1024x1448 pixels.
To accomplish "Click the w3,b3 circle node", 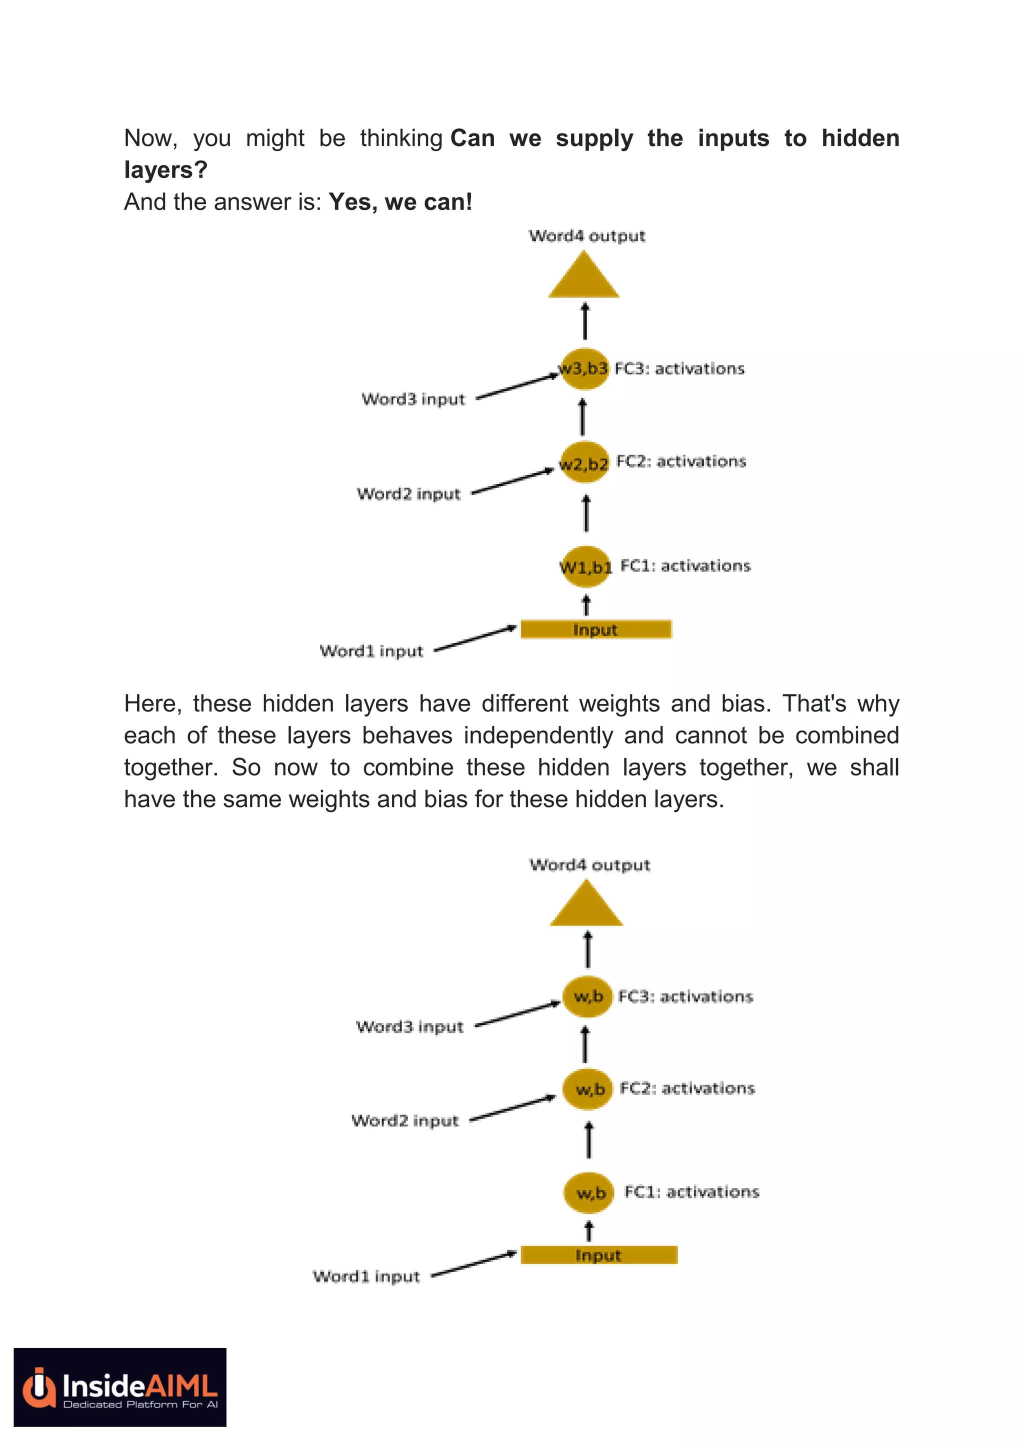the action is (x=584, y=368).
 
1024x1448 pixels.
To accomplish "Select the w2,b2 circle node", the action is (x=584, y=462).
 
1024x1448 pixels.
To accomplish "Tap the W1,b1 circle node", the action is (x=585, y=566).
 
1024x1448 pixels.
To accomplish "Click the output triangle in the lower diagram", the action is (x=586, y=907).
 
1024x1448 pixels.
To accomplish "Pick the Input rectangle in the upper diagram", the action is (x=596, y=629).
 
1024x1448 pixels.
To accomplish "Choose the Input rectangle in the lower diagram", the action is (x=598, y=1255).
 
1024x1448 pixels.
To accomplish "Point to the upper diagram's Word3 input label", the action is (x=413, y=399).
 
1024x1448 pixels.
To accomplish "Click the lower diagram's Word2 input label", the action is (x=405, y=1120).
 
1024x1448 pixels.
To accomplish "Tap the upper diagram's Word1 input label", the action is (x=371, y=651).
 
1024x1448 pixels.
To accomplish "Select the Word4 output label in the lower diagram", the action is (x=589, y=864).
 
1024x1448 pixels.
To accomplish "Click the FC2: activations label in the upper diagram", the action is (x=681, y=461).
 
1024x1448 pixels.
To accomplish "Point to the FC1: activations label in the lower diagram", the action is (x=691, y=1191).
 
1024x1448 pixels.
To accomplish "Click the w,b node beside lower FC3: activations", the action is (x=587, y=996).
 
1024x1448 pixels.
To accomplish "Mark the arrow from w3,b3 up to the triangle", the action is (x=585, y=321).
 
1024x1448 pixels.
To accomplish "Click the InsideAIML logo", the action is (x=120, y=1387).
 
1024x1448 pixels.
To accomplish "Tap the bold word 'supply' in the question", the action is (x=594, y=138).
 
